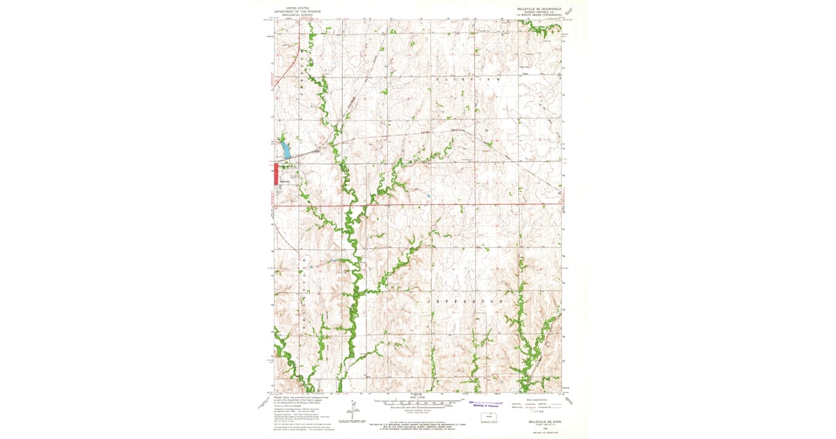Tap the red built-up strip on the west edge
click(x=274, y=174)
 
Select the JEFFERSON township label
click(x=460, y=301)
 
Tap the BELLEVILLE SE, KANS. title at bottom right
click(x=536, y=422)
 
